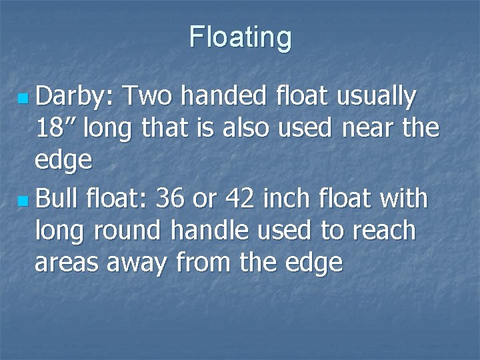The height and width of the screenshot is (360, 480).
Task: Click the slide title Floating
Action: click(x=240, y=37)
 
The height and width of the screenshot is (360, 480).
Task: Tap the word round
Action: click(x=127, y=231)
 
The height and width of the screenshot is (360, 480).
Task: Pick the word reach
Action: click(x=381, y=231)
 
